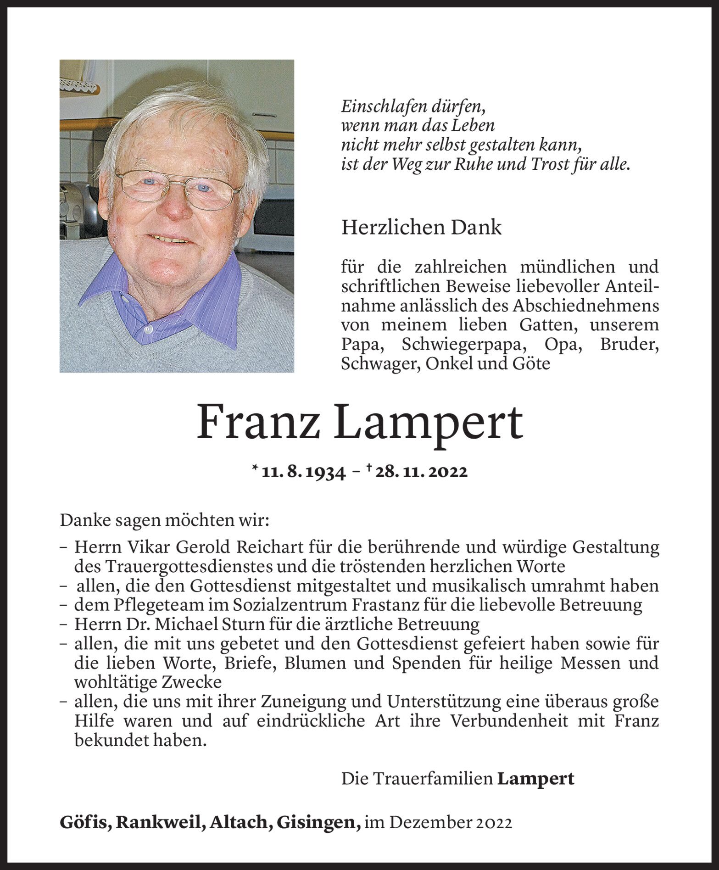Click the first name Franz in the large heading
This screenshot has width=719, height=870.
(x=258, y=423)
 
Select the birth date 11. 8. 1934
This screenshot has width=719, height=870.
(x=303, y=472)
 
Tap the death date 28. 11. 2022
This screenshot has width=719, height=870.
(x=421, y=472)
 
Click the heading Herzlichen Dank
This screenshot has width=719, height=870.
(x=421, y=228)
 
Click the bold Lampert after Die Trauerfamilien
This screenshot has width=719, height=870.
(x=536, y=779)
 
